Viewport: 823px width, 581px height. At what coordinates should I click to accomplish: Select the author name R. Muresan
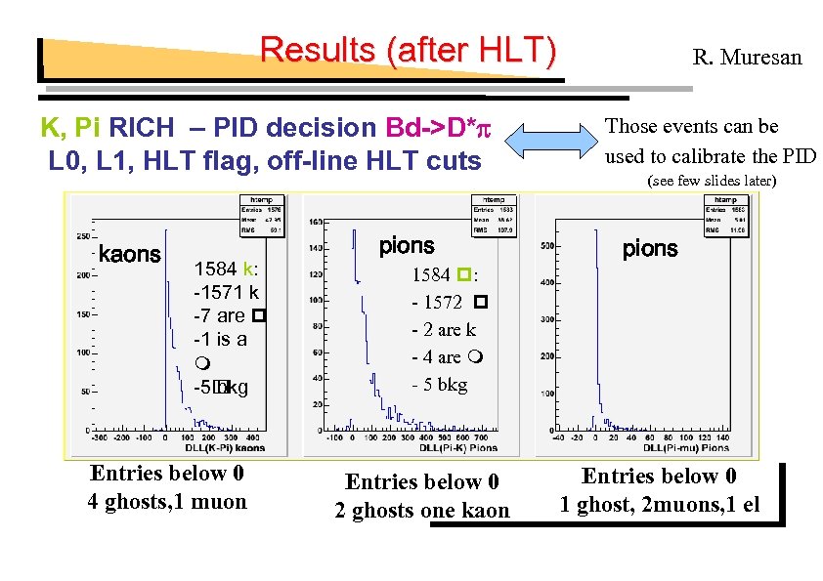pos(747,58)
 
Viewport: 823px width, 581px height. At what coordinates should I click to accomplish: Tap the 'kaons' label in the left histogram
pos(130,255)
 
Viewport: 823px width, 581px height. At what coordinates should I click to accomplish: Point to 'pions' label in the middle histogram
pos(406,246)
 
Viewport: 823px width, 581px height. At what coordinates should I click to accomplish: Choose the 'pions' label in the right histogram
pos(650,248)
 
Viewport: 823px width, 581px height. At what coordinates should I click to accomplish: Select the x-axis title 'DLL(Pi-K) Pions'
pos(458,448)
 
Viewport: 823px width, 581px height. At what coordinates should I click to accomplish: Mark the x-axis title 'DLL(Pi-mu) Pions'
pos(686,448)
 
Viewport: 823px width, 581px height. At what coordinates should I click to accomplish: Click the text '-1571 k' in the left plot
pos(227,291)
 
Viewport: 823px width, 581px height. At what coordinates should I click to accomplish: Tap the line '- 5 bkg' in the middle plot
pos(439,385)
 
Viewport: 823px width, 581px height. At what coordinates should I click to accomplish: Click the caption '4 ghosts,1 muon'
pos(167,502)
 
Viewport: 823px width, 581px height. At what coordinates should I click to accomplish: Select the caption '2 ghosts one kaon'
pos(422,511)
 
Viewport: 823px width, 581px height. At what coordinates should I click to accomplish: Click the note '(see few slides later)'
pos(712,181)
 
